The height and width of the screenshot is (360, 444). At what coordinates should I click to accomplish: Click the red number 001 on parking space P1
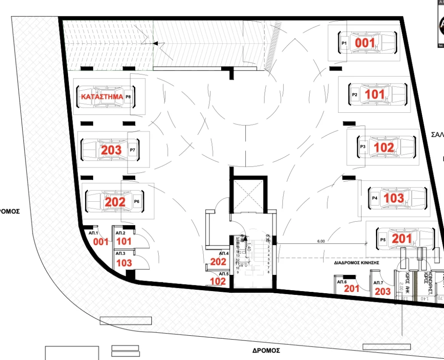tap(365, 43)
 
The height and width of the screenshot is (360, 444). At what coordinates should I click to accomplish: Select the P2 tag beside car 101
tap(354, 95)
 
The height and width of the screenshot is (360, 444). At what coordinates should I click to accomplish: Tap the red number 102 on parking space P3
tap(384, 147)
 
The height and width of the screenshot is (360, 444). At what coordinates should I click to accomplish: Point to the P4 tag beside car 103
tap(375, 198)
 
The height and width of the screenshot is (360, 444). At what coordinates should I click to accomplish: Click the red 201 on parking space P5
tap(402, 238)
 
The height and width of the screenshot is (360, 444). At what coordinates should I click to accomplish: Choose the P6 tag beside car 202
tap(137, 202)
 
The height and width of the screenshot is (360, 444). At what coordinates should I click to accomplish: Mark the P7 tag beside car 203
tap(133, 150)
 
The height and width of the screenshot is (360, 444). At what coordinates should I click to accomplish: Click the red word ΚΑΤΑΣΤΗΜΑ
tap(101, 97)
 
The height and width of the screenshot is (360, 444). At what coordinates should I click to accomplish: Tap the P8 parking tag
tap(128, 97)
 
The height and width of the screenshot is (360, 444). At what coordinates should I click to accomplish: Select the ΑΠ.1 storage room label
tap(94, 233)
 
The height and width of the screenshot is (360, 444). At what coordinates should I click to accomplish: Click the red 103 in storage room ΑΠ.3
tap(124, 263)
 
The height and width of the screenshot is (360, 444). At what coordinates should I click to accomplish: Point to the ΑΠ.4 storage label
tap(224, 253)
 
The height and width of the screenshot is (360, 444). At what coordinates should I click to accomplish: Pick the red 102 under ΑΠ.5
tap(218, 281)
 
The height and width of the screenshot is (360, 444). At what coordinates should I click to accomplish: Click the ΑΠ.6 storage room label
tap(342, 282)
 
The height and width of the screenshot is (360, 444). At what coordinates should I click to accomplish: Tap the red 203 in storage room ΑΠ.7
tap(382, 291)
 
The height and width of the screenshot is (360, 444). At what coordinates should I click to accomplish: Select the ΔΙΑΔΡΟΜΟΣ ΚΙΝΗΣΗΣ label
tap(356, 263)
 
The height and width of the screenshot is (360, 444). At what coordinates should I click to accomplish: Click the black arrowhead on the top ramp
tap(156, 43)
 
